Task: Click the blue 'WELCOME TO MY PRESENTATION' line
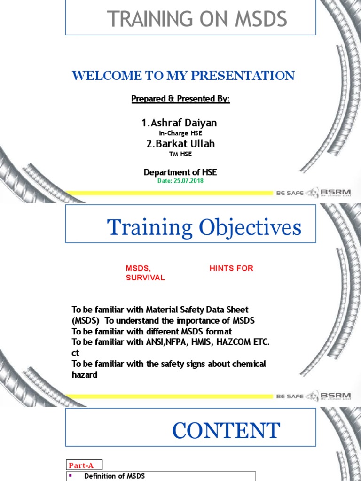(183, 75)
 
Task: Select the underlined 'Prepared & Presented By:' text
(180, 100)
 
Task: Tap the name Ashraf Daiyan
(179, 123)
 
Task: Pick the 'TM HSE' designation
(180, 154)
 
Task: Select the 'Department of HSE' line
(180, 172)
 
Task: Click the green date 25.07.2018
(180, 181)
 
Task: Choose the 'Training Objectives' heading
(204, 228)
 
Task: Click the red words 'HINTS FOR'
(231, 268)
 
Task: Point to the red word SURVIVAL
(145, 278)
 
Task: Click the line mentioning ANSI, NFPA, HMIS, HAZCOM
(171, 342)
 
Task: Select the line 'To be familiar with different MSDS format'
(152, 331)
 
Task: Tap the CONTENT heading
(226, 431)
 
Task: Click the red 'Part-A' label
(81, 465)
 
